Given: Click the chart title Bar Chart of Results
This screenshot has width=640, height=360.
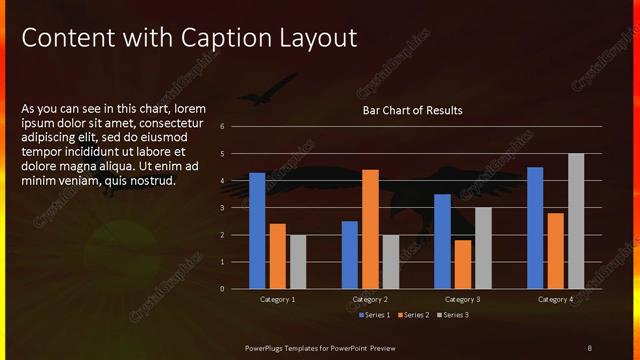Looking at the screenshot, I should click(x=412, y=110).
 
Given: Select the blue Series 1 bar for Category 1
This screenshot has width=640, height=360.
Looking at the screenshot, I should click(x=257, y=230).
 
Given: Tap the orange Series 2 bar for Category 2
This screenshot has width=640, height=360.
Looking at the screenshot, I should click(x=370, y=229).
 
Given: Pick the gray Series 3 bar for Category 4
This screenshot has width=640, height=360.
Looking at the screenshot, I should click(x=575, y=221).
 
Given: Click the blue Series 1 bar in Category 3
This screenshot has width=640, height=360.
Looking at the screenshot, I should click(x=443, y=241).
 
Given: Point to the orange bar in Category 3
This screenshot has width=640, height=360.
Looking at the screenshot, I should click(x=463, y=264).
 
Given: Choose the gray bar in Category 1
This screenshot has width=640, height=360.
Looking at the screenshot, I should click(x=297, y=261).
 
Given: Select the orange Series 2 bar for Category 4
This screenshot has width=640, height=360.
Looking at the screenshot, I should click(x=555, y=250).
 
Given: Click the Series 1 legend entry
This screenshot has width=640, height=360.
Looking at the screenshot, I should click(x=374, y=315).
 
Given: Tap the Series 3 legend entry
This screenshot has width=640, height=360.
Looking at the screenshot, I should click(x=452, y=315).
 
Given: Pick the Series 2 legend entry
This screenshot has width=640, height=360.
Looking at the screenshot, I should click(x=413, y=315).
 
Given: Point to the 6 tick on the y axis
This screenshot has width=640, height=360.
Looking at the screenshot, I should click(x=236, y=127).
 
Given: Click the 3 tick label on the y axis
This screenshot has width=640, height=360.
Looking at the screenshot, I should click(x=236, y=208).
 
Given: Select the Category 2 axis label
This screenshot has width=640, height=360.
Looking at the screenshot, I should click(x=370, y=299).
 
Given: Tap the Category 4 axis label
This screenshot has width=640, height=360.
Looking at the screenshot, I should click(x=555, y=299).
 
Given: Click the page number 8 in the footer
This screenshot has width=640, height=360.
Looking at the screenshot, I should click(x=590, y=346).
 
